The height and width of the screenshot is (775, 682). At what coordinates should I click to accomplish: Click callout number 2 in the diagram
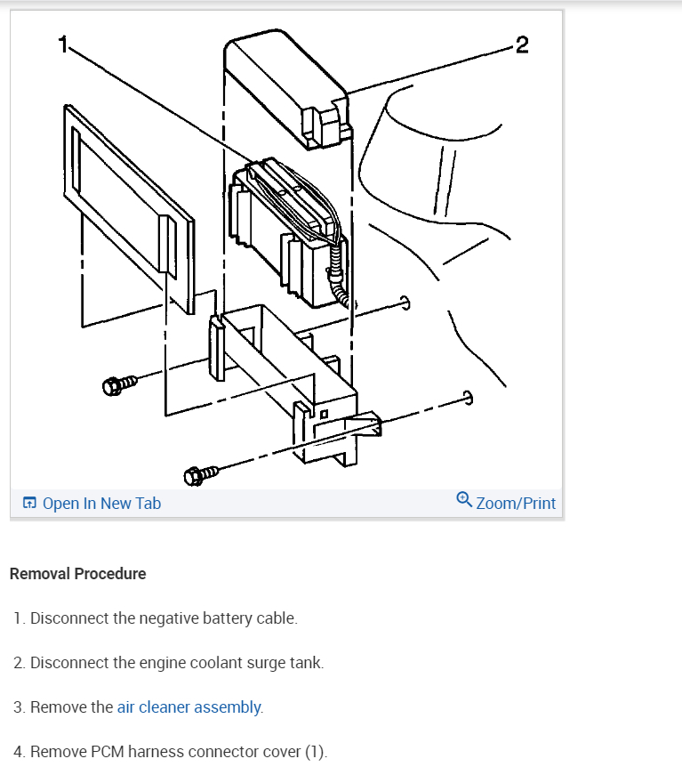[521, 45]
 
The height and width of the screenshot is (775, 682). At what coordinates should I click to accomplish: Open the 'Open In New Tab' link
[101, 504]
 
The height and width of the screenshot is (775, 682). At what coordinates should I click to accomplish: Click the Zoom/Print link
[516, 504]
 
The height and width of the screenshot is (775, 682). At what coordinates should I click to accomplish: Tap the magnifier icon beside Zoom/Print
[464, 501]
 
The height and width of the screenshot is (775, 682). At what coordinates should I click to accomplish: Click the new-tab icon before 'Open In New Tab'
[30, 504]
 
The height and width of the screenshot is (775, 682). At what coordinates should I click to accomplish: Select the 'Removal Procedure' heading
[77, 574]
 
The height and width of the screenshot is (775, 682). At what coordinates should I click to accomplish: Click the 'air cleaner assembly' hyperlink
[189, 707]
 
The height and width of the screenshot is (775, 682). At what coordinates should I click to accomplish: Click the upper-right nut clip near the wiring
[405, 303]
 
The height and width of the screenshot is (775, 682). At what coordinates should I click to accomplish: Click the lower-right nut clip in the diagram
[468, 398]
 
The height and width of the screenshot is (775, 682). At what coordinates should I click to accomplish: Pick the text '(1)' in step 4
[316, 752]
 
